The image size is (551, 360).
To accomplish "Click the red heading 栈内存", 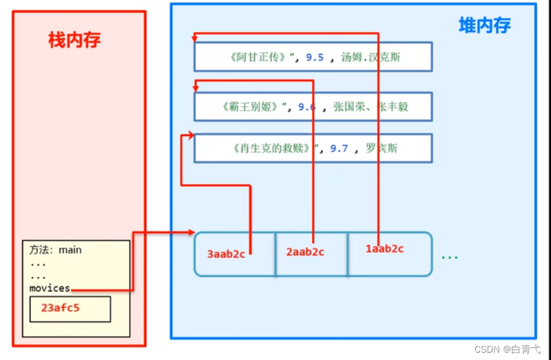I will [x=74, y=41].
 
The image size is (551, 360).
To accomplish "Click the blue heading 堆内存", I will [x=485, y=25].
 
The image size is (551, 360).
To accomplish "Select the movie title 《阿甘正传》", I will [x=259, y=57].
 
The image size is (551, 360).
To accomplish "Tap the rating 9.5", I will [x=314, y=58].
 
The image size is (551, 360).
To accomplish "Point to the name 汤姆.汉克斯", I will [x=372, y=58].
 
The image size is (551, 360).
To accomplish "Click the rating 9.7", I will [x=339, y=148].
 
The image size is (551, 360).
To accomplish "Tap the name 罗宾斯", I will [x=382, y=148].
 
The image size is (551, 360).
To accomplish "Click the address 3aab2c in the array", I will [x=227, y=253].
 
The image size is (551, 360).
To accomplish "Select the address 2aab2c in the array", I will [x=305, y=252].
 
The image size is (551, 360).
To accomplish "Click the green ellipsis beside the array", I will [x=450, y=256].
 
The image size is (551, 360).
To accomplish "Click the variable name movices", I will [x=49, y=288].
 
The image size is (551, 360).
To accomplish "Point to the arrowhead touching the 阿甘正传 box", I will [x=196, y=37].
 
